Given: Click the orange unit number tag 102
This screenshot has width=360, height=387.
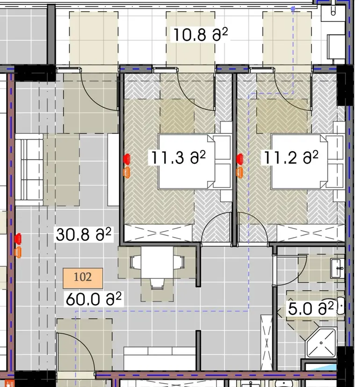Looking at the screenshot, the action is click(x=83, y=278).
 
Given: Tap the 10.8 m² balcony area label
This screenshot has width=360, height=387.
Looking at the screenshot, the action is click(x=200, y=35).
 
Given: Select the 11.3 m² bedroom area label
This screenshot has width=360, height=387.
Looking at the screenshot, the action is click(x=178, y=157).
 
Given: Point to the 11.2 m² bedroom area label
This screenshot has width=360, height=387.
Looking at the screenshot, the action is click(x=291, y=157).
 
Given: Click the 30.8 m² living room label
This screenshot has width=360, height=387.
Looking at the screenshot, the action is click(x=83, y=234).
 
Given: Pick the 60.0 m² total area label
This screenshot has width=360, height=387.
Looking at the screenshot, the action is click(x=94, y=299).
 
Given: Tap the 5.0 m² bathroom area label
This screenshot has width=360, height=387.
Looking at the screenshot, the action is click(x=311, y=308).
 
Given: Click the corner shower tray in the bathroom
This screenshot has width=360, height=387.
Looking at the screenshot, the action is click(x=321, y=343).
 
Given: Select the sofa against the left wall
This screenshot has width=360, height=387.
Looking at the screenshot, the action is click(x=29, y=169).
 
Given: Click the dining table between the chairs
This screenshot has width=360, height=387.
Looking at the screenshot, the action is click(x=157, y=262).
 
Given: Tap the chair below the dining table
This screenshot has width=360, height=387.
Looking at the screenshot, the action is click(x=157, y=284).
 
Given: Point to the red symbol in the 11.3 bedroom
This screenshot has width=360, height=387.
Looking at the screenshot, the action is click(x=127, y=159).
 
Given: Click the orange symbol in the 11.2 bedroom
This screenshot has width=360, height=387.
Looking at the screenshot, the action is click(x=239, y=172).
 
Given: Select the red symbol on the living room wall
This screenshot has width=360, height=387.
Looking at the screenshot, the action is click(x=18, y=239).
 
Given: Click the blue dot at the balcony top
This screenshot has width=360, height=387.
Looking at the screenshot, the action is click(x=293, y=9).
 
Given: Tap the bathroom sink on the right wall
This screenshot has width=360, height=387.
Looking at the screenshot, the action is click(x=338, y=268).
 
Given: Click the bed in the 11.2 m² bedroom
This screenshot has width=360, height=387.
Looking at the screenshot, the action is click(x=299, y=161).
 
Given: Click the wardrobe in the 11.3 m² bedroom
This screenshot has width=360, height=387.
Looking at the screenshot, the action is click(x=158, y=233).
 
